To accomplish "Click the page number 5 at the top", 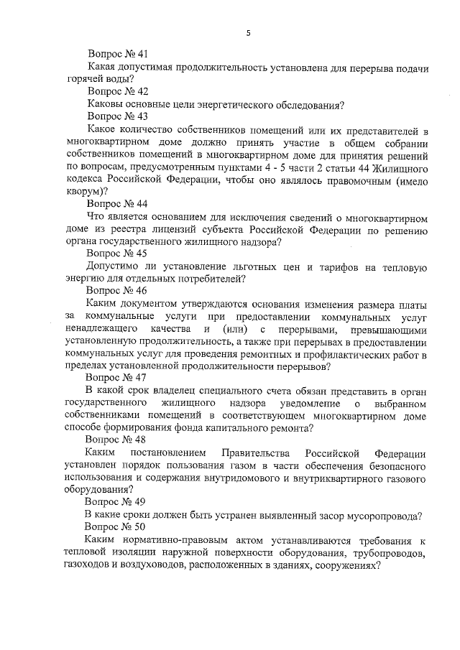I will (x=248, y=32).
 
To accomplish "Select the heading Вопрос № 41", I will (x=118, y=54).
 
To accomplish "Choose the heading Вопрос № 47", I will (x=116, y=376).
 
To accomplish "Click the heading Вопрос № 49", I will (x=115, y=502).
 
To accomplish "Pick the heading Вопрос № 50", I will (x=115, y=526).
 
